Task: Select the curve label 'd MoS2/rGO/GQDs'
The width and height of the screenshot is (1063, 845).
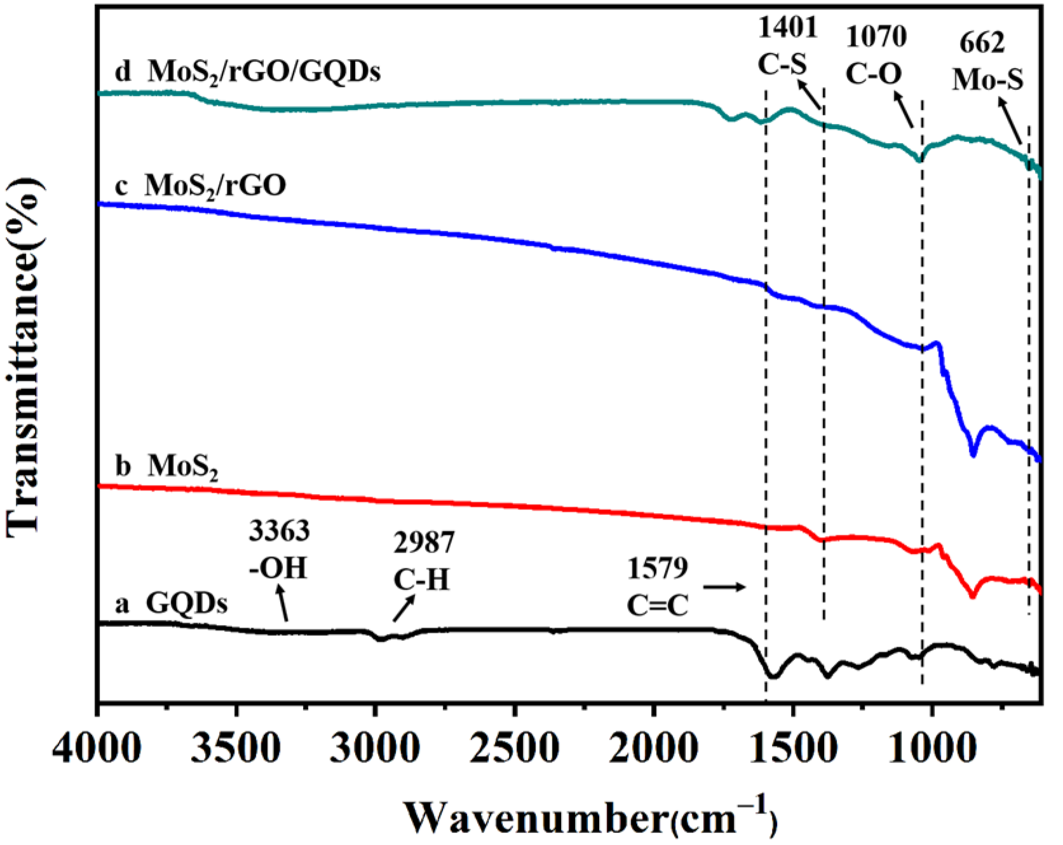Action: [x=248, y=72]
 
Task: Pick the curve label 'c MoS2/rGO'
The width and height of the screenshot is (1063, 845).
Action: [x=200, y=186]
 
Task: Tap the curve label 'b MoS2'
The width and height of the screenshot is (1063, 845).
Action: [x=166, y=467]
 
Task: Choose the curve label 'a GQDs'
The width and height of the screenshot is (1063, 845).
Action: [x=171, y=603]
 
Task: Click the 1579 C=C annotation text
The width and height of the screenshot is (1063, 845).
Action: [x=658, y=586]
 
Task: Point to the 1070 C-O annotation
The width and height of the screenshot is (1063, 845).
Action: [x=875, y=55]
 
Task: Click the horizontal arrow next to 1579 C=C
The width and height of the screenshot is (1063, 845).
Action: [x=724, y=587]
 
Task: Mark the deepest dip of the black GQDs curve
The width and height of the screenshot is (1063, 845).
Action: [x=773, y=676]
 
